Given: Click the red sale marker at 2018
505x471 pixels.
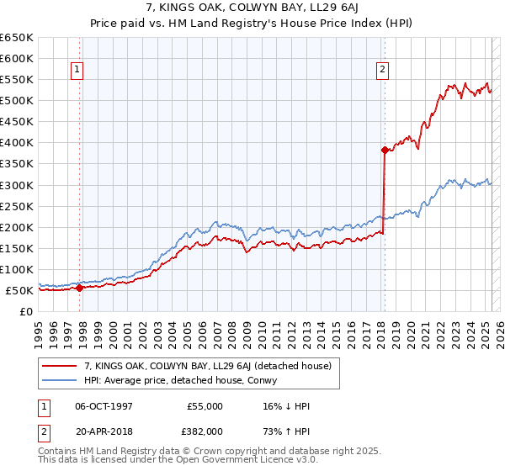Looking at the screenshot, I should tap(385, 151).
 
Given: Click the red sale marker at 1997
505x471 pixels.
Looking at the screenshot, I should tap(79, 288).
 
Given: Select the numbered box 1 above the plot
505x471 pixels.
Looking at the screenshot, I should tap(77, 71).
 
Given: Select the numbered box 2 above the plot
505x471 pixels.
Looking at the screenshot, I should tap(382, 71).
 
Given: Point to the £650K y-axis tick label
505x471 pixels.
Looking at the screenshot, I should tap(17, 38).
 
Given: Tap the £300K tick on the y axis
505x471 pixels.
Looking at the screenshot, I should tap(17, 185).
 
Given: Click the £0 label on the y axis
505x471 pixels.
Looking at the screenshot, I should tap(25, 311).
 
